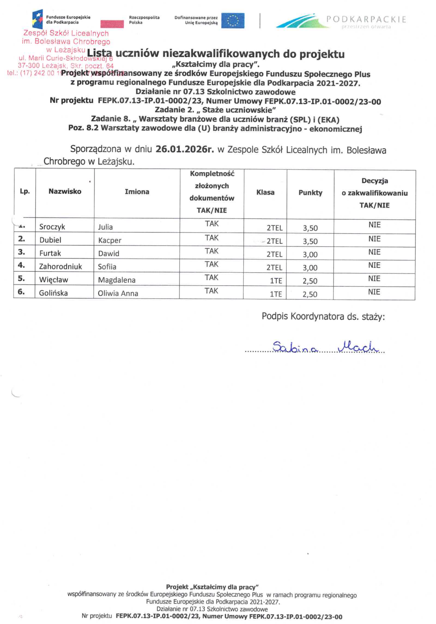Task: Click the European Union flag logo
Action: coord(233,21)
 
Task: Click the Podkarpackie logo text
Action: coord(366,19)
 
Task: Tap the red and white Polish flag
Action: coord(112,24)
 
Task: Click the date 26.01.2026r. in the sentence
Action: coord(184,149)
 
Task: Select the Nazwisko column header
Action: coord(65,191)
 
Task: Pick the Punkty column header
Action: coord(310,193)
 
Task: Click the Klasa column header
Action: coord(265,192)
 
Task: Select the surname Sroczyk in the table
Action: coord(52,227)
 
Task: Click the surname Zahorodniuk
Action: coord(60,266)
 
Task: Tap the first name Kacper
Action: coord(109,240)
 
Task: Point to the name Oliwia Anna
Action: coord(118,293)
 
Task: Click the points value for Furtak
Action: coord(310,255)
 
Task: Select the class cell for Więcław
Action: coord(276,281)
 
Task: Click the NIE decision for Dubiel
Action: coord(374,239)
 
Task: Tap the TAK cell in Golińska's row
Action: coord(211,291)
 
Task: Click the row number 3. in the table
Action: coord(22,252)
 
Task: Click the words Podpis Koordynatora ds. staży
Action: coord(323,316)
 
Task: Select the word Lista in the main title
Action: coord(99,54)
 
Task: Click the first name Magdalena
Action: coord(117,280)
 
